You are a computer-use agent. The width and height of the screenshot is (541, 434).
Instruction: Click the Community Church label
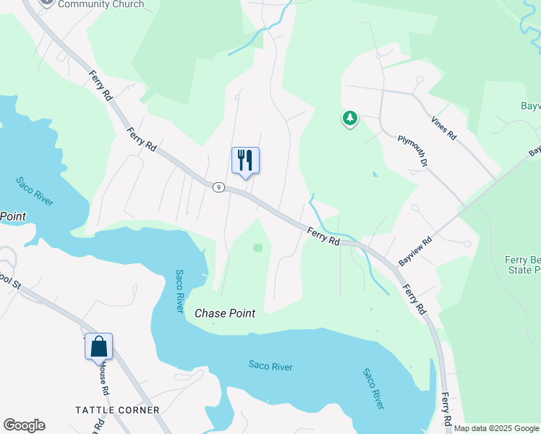click(x=101, y=4)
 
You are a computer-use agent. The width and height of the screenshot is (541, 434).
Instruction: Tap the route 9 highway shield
click(x=218, y=187)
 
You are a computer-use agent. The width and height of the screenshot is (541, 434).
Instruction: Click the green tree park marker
click(x=350, y=118)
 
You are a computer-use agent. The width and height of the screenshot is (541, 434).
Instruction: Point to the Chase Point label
click(x=225, y=313)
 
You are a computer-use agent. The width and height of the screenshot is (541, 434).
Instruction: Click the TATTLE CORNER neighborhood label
click(x=117, y=410)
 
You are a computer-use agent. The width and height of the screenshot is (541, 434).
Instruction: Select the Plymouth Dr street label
click(x=413, y=148)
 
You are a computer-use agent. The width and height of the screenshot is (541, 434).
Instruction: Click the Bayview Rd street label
click(x=416, y=250)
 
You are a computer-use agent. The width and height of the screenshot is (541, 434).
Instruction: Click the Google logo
click(x=24, y=425)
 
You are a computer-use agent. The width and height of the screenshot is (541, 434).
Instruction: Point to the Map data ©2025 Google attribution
click(x=497, y=428)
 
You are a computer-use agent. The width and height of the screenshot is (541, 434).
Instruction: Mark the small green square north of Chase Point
click(x=257, y=248)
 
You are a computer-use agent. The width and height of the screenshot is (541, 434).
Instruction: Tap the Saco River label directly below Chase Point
click(x=270, y=367)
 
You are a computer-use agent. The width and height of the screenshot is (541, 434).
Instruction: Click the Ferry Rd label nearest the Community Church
click(x=101, y=85)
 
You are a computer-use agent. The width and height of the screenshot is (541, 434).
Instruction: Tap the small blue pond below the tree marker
click(x=374, y=174)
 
